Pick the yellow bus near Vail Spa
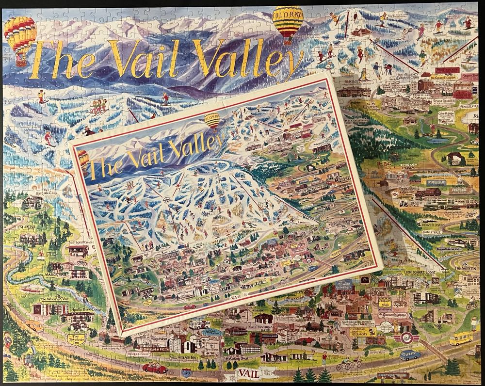460,338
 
